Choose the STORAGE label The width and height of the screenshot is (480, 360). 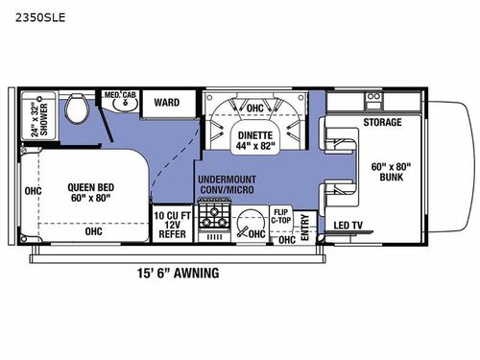point(382,123)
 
